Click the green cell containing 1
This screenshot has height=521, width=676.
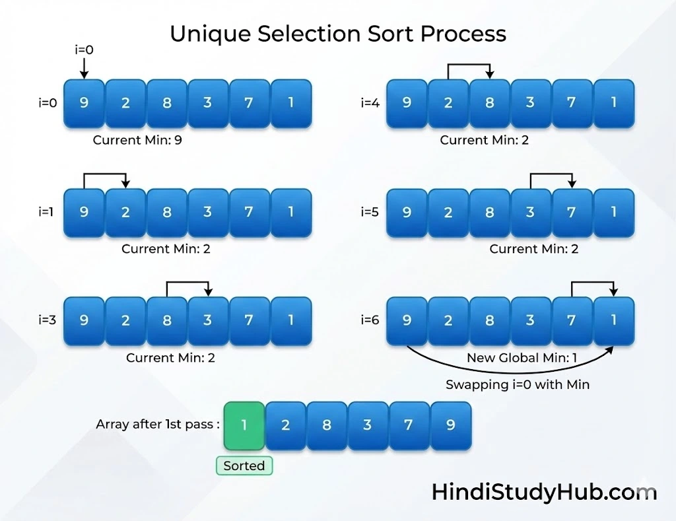point(244,425)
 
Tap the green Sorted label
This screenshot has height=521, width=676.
point(244,466)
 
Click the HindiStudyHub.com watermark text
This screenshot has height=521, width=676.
point(544,492)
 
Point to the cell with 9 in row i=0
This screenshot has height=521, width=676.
point(84,103)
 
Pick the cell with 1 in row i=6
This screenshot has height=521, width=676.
point(614,320)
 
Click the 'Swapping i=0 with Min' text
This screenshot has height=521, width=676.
point(518,384)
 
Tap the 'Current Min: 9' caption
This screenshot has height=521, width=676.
point(137,140)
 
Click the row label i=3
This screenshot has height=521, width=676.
point(48,320)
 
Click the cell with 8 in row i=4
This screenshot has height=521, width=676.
point(489,103)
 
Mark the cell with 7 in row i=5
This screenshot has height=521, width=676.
point(572,212)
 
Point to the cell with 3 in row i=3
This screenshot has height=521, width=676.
point(208,320)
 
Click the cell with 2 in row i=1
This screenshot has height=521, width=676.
point(125,212)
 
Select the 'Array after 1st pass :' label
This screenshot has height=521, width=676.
point(158,425)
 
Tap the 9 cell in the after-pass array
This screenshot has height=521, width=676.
point(451,425)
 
